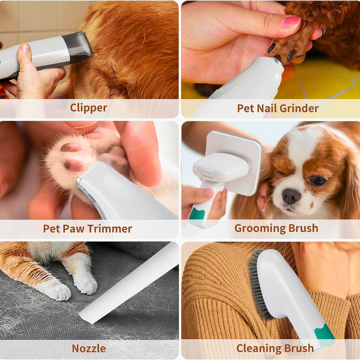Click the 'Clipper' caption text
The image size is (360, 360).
[88, 108]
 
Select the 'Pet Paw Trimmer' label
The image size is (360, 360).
[88, 229]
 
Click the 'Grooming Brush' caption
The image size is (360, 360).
[276, 228]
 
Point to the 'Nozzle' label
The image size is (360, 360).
[89, 348]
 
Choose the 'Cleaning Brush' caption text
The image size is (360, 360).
[275, 348]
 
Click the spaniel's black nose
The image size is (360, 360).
[291, 196]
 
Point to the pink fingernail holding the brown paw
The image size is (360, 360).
[291, 22]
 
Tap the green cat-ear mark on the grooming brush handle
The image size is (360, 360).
[196, 215]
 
